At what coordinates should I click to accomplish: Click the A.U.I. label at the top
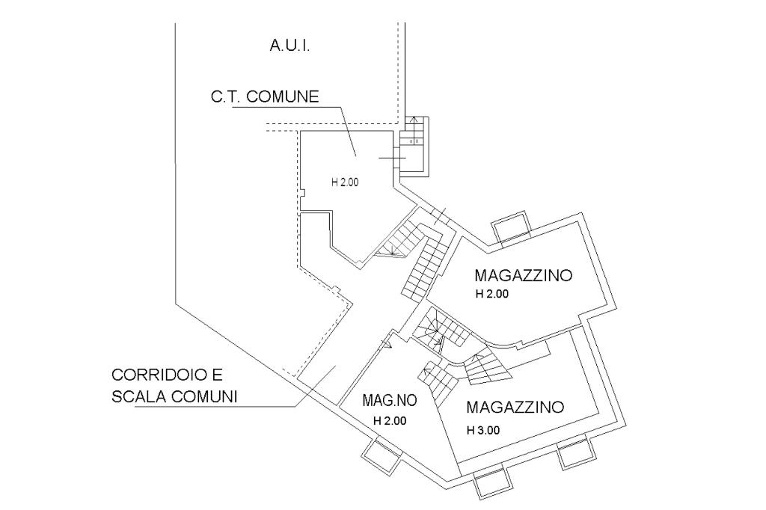coord(289,46)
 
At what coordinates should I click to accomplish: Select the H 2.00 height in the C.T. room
coord(345,181)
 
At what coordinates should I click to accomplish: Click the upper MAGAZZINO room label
coord(524,275)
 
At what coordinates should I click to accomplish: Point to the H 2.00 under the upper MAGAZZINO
coord(491,295)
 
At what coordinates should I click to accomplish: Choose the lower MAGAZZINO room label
coord(514,408)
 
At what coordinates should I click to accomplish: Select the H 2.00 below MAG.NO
coord(389,420)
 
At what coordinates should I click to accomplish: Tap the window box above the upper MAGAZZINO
coord(511,225)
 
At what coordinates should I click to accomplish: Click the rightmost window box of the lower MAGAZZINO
coord(577,452)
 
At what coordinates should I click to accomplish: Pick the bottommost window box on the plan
coord(492,485)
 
